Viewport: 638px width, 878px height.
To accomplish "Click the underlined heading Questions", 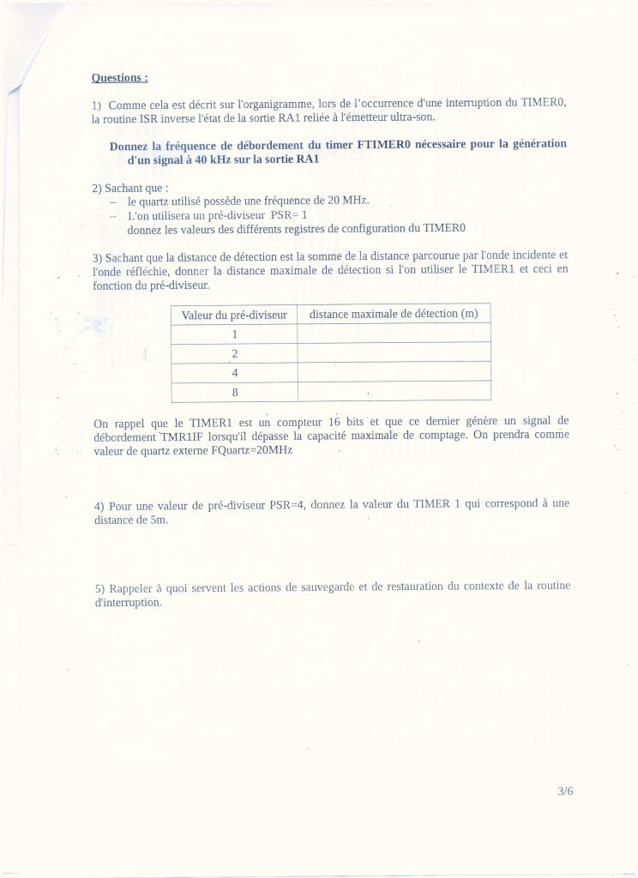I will click(120, 78).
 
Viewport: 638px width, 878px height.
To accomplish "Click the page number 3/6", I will click(565, 791).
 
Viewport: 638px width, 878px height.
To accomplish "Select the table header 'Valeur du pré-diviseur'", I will click(234, 316).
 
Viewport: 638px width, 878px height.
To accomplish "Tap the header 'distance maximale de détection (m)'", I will click(394, 314).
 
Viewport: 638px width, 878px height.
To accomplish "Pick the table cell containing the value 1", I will click(234, 334).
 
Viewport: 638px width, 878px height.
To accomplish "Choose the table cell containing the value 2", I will click(234, 353).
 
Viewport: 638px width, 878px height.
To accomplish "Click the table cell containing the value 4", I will click(234, 373).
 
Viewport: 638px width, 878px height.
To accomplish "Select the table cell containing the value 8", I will click(234, 392).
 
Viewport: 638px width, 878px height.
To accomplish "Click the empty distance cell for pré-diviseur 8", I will click(394, 392).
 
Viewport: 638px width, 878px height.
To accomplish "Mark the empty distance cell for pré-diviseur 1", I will click(394, 334).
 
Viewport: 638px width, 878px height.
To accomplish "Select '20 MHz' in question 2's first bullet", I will click(348, 201).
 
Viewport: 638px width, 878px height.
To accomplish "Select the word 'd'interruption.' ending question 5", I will click(128, 603).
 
